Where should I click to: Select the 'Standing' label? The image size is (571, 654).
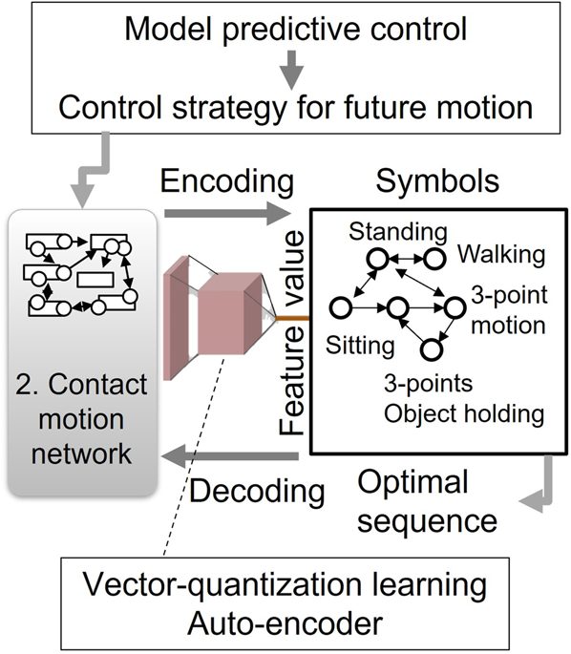pyautogui.click(x=384, y=232)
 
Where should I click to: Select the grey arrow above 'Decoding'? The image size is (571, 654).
pyautogui.click(x=233, y=458)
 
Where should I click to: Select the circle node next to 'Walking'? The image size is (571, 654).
pyautogui.click(x=434, y=259)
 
